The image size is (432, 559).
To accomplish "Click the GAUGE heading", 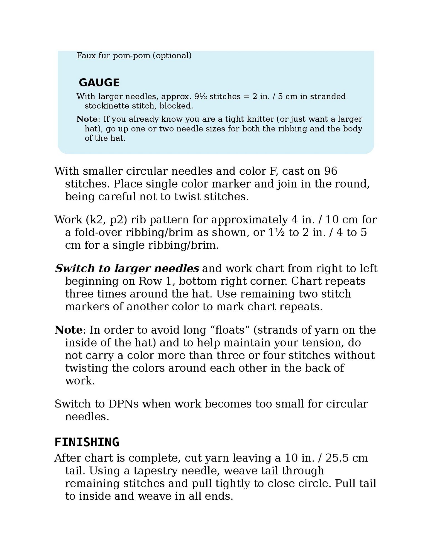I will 99,83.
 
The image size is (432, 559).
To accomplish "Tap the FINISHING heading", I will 87,442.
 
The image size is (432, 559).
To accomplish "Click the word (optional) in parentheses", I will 172,56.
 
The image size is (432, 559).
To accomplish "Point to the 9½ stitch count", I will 200,96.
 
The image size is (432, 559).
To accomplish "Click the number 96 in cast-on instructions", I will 331,171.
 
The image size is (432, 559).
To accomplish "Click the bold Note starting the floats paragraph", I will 69,330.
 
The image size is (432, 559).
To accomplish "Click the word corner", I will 270,281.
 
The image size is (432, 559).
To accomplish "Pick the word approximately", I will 250,220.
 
